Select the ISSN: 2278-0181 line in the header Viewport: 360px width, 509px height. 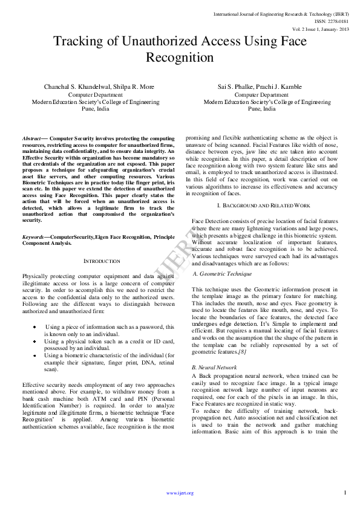[x=330, y=20]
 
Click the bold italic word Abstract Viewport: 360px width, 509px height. [x=31, y=138]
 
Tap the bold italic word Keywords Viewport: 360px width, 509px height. [x=33, y=237]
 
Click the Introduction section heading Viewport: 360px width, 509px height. [x=101, y=261]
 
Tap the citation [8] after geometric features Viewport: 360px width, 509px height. [x=241, y=352]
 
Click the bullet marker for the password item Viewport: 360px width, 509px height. [x=35, y=326]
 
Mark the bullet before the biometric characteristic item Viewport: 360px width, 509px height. [x=35, y=355]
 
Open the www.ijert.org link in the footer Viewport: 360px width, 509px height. [x=180, y=493]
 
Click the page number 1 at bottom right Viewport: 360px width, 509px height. [x=345, y=492]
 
